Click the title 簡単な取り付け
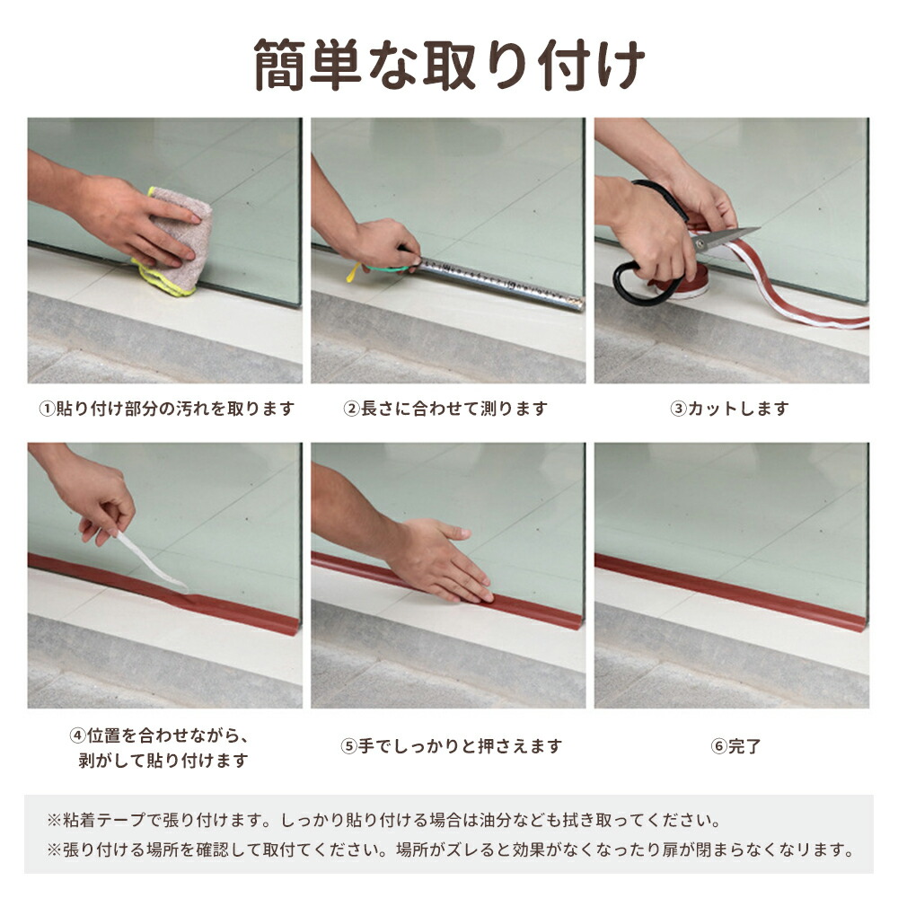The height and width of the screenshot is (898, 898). [x=450, y=65]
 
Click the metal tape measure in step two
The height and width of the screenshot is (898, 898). [x=499, y=284]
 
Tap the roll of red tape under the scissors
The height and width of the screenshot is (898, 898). [x=679, y=285]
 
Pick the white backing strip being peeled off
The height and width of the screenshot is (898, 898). [x=152, y=561]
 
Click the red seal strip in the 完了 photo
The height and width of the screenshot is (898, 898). [x=731, y=592]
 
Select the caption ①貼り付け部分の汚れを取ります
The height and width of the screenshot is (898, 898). [x=166, y=409]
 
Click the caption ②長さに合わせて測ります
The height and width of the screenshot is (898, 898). [x=445, y=409]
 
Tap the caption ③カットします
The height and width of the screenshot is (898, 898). [x=729, y=409]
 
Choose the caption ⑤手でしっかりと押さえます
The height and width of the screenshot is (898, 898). [x=452, y=746]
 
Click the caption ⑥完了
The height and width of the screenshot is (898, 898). [x=736, y=746]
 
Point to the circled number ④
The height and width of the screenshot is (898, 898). [x=78, y=735]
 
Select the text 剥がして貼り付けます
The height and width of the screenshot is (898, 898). [x=163, y=761]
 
